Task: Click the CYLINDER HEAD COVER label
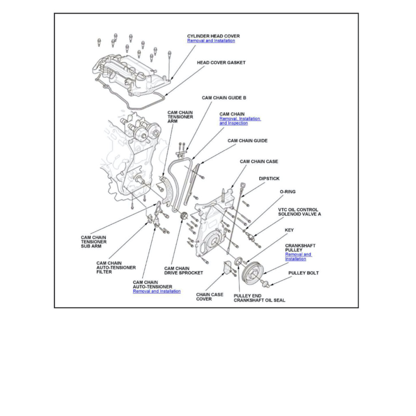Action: [x=213, y=36]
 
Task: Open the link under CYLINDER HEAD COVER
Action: [x=211, y=41]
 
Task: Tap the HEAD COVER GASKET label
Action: [x=221, y=63]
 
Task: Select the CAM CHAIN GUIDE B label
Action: [x=224, y=98]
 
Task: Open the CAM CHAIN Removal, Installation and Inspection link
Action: [x=240, y=121]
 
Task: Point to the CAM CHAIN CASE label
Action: [x=259, y=162]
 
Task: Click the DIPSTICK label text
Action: [x=269, y=179]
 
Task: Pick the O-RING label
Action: [x=288, y=192]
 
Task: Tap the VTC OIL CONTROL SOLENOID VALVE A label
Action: [x=299, y=212]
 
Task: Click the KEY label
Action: [x=289, y=230]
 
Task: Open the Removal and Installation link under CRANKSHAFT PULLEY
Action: [x=298, y=257]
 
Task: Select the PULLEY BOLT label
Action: [x=303, y=273]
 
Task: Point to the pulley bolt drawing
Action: [x=266, y=283]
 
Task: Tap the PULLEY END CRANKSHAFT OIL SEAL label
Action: [x=259, y=298]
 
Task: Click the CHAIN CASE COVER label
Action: [x=210, y=297]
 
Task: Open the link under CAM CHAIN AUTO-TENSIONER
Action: [x=156, y=291]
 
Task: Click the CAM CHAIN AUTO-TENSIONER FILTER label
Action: [x=116, y=268]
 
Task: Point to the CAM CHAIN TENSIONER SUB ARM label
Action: [x=93, y=242]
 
